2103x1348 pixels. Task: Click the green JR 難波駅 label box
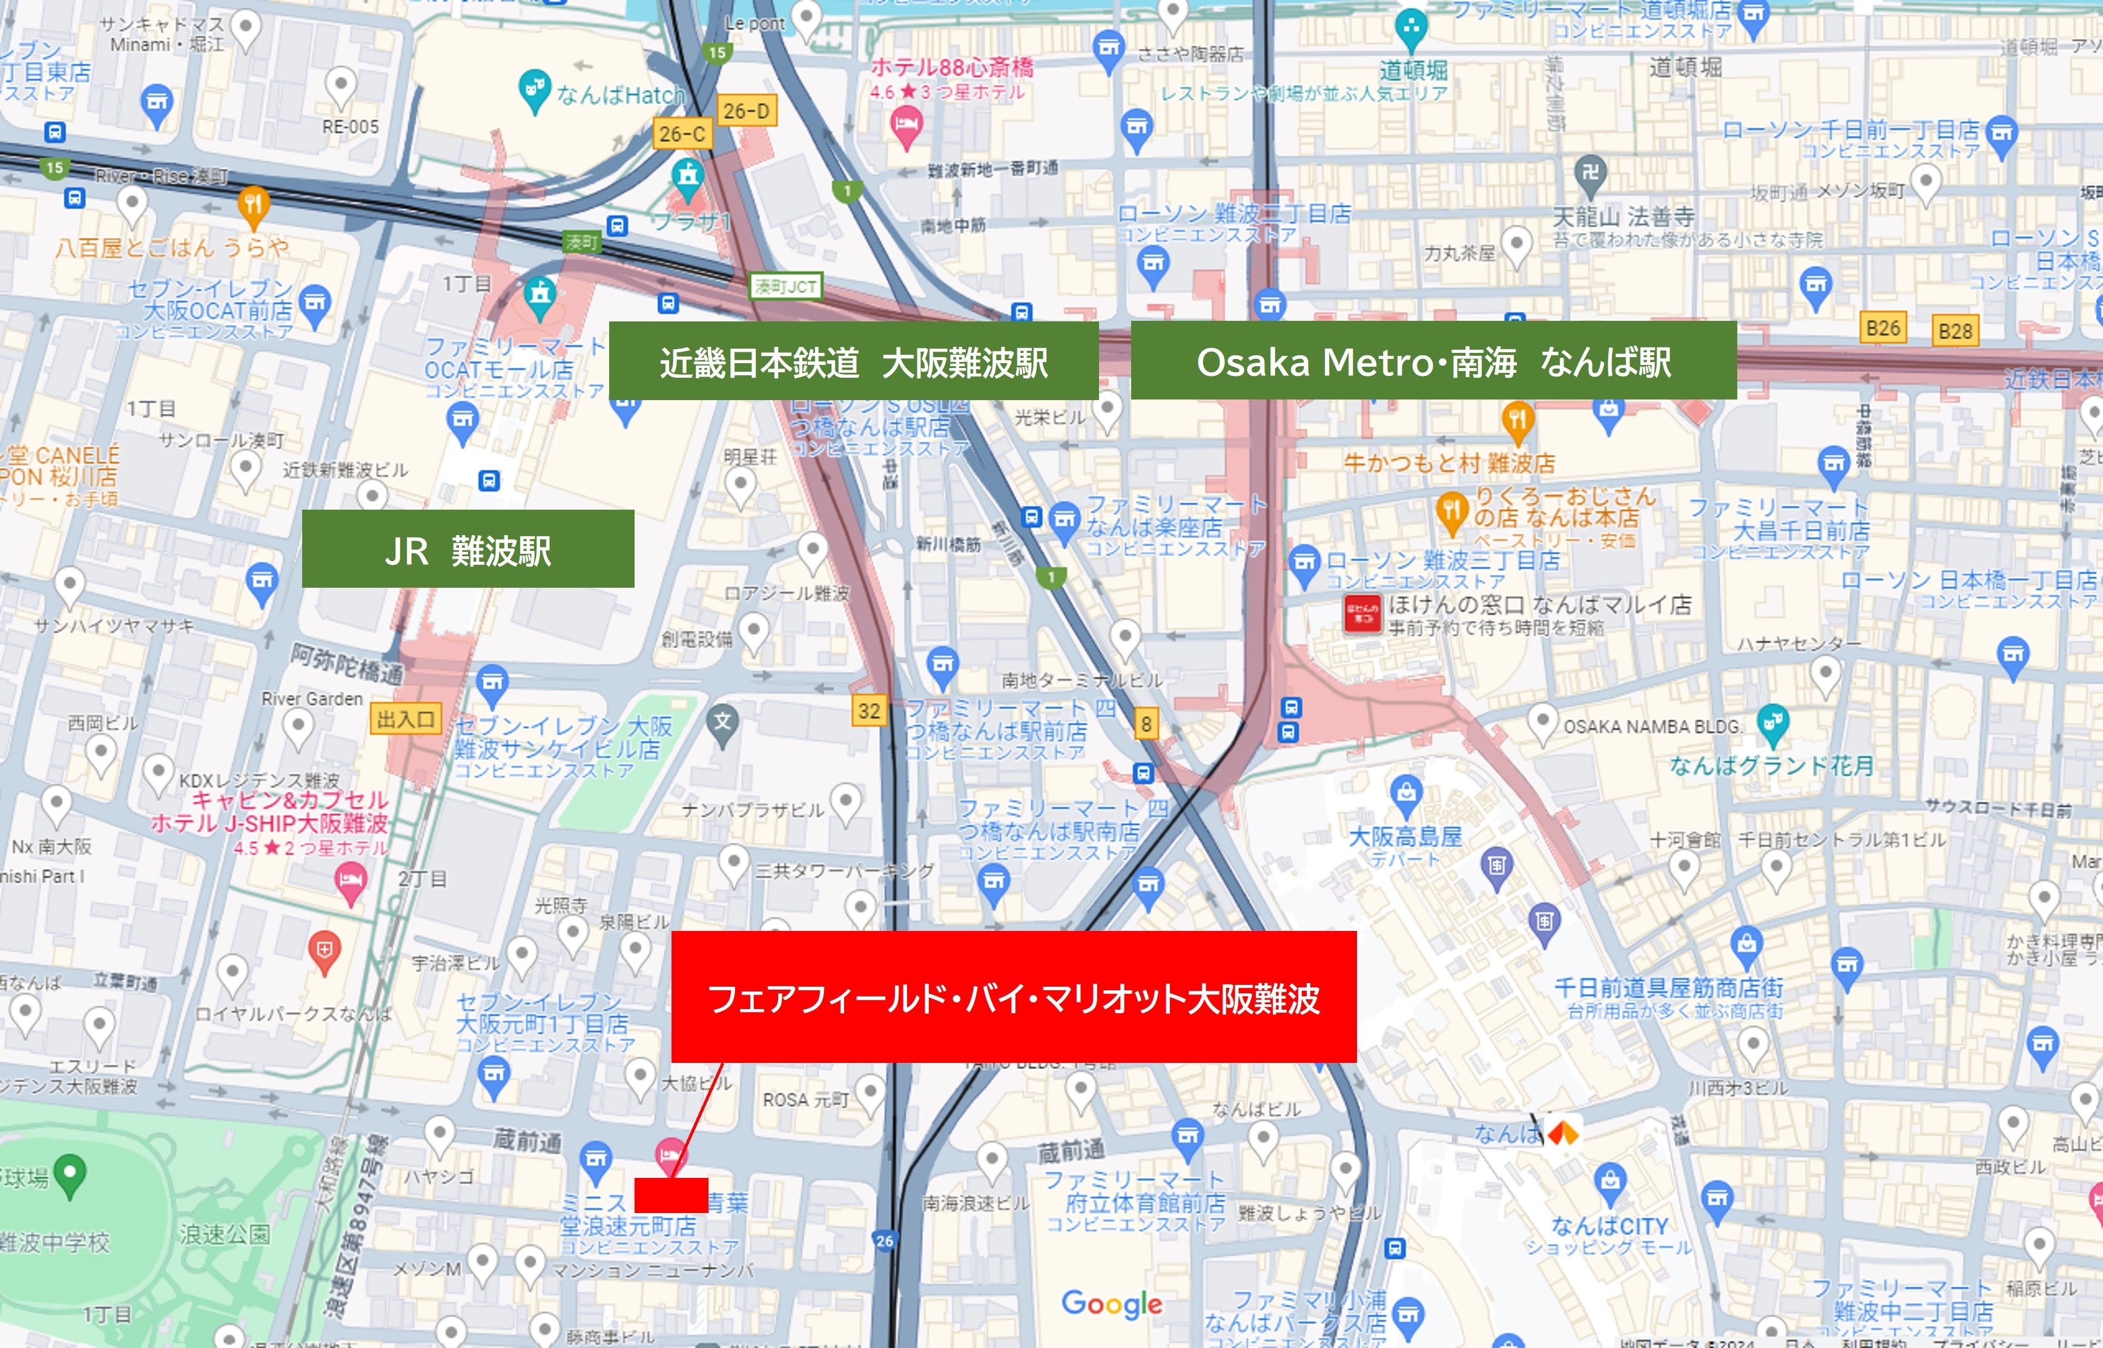pyautogui.click(x=467, y=549)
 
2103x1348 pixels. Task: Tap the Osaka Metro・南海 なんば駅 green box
pyautogui.click(x=1433, y=361)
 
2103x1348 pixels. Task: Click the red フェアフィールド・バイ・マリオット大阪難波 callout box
pyautogui.click(x=1013, y=997)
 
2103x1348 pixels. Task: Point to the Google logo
pyautogui.click(x=1111, y=1303)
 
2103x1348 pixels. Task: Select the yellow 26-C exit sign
pyautogui.click(x=682, y=134)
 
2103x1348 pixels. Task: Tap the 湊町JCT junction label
pyautogui.click(x=785, y=286)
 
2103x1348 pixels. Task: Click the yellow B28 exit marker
pyautogui.click(x=1955, y=331)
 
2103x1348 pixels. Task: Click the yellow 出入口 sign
pyautogui.click(x=405, y=720)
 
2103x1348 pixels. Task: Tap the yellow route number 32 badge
pyautogui.click(x=868, y=711)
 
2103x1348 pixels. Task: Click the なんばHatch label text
pyautogui.click(x=620, y=94)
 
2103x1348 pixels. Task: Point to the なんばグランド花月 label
pyautogui.click(x=1771, y=766)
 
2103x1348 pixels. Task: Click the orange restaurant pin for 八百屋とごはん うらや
pyautogui.click(x=253, y=205)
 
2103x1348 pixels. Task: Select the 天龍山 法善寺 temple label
pyautogui.click(x=1623, y=215)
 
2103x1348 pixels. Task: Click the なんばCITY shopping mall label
pyautogui.click(x=1609, y=1226)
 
